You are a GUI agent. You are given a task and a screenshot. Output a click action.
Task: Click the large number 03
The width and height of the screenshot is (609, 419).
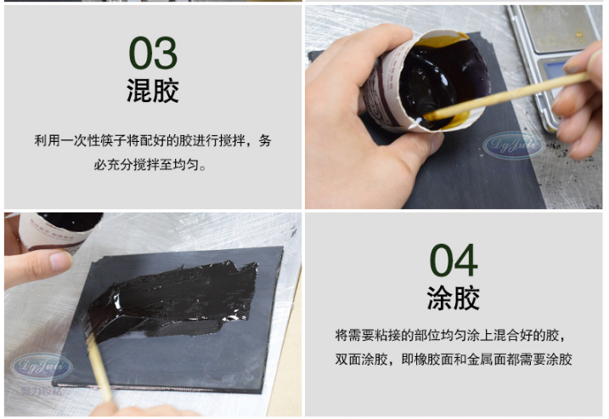click(x=153, y=53)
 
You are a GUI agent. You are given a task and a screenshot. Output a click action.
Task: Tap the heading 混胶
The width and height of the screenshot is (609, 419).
click(x=153, y=91)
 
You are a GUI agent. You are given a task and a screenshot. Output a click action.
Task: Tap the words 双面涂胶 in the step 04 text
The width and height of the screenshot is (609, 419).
click(x=362, y=360)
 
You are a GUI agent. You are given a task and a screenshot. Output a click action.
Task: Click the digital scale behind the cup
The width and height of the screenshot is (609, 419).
click(x=552, y=51)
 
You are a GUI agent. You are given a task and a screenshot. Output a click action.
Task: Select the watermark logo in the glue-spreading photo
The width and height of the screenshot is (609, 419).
click(x=39, y=366)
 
